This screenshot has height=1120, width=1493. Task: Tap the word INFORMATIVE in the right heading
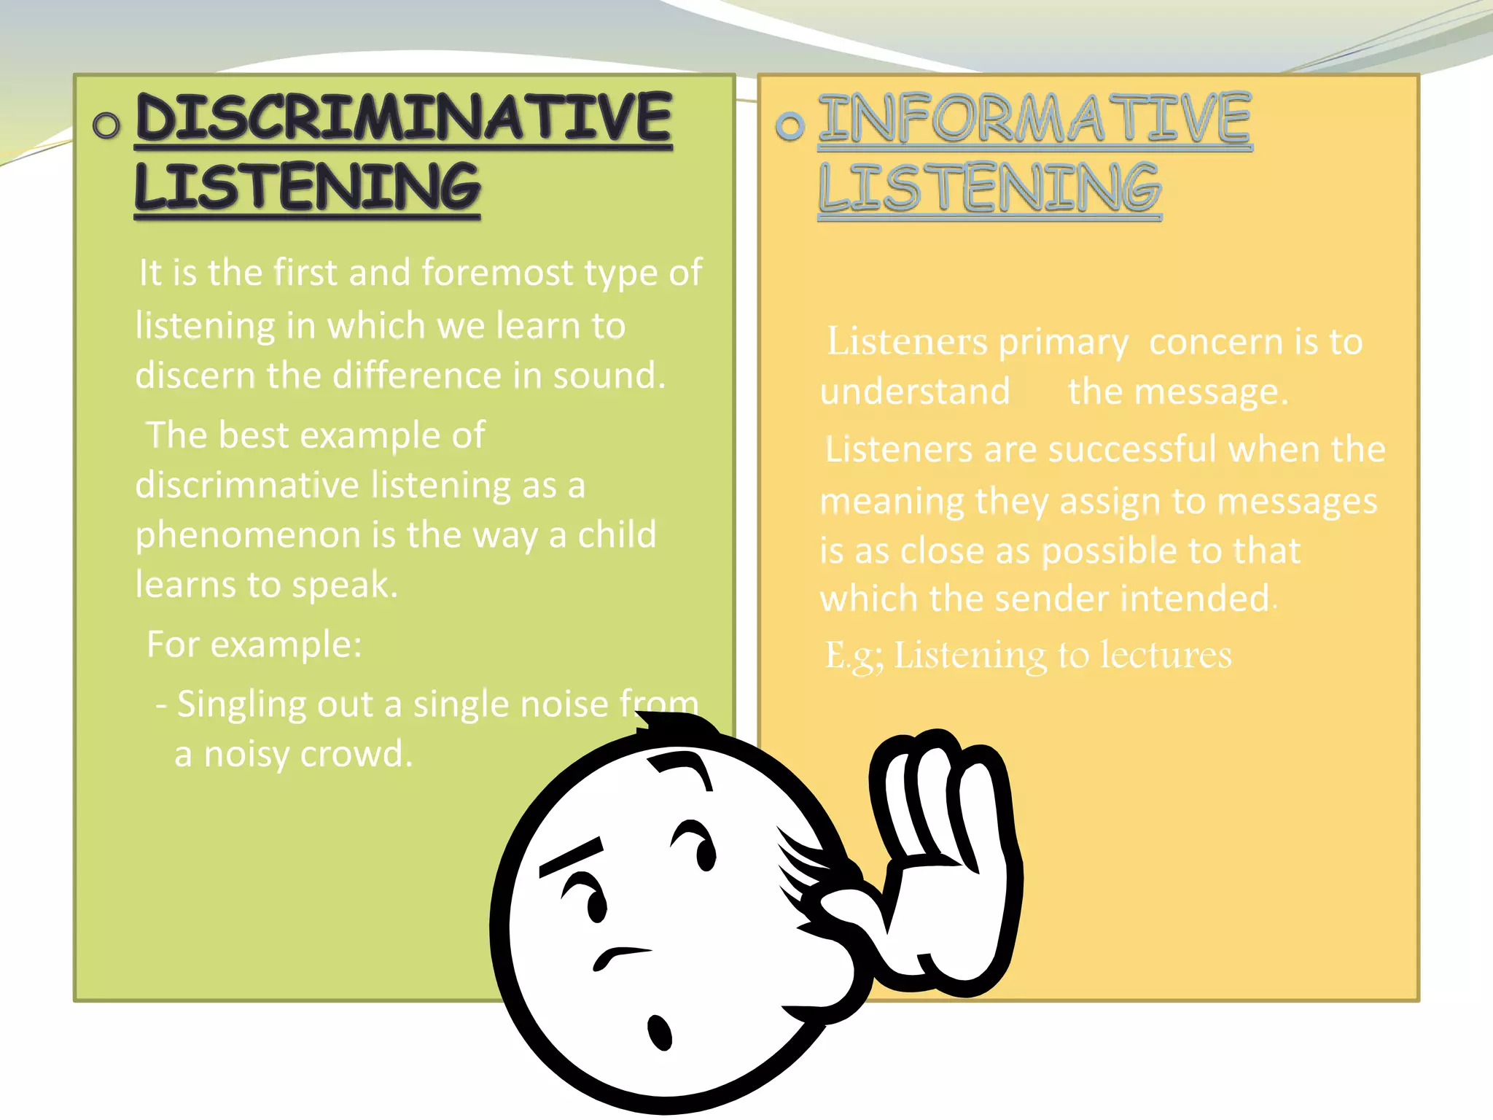[x=1034, y=118]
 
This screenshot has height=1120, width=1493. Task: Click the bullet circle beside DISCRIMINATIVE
[x=106, y=125]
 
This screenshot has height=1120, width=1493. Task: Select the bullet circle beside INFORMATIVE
[x=790, y=126]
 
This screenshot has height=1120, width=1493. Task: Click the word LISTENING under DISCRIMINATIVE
[x=307, y=187]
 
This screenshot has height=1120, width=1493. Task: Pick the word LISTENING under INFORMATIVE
[x=989, y=187]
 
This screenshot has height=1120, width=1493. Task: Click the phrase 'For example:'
[x=254, y=645]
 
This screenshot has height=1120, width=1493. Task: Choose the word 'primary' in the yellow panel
[x=1063, y=343]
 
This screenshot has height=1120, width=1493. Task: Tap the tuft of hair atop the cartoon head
[x=674, y=726]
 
